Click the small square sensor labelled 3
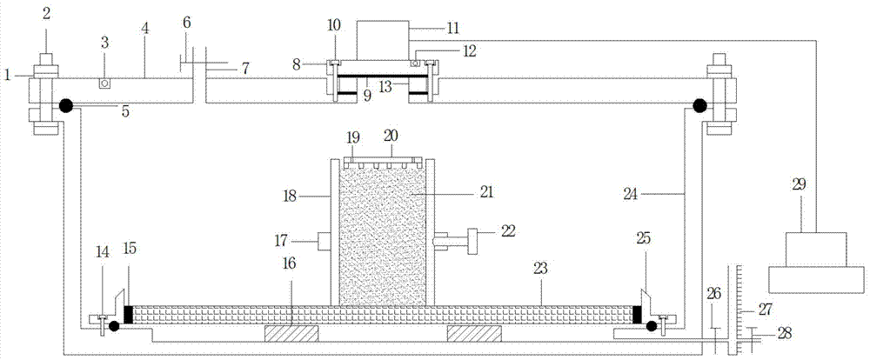point(104,83)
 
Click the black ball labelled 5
point(65,105)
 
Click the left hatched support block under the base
point(291,332)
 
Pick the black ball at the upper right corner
point(699,105)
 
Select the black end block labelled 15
point(128,313)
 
